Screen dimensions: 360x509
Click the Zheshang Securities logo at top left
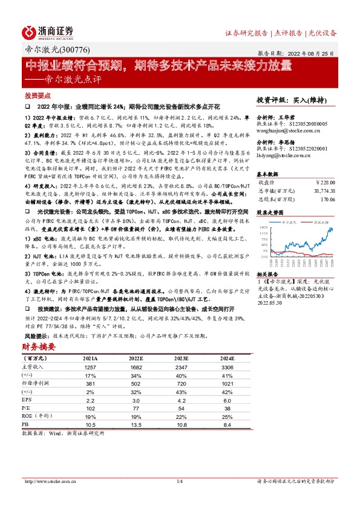[48, 31]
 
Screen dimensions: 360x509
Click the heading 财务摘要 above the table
[39, 346]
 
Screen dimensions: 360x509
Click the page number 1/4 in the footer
[179, 481]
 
